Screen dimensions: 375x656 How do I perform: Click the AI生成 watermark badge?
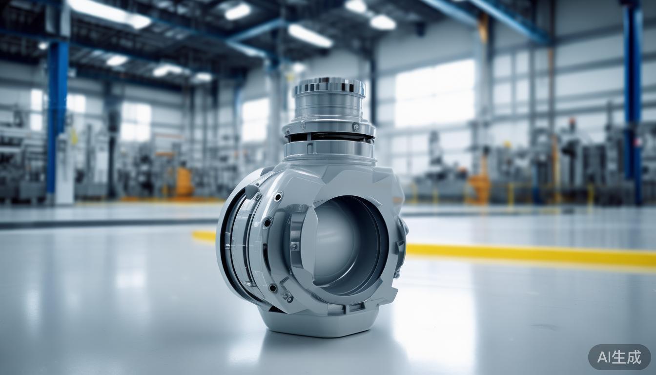point(619,357)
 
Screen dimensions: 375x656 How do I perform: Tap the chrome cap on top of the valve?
point(329,86)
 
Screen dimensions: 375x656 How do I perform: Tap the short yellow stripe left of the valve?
point(204,236)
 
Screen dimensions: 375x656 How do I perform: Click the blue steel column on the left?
point(58,117)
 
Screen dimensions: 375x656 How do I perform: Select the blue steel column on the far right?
point(633,98)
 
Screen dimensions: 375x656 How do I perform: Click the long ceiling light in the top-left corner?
point(109,13)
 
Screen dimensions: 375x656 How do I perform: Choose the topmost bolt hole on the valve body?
point(278,197)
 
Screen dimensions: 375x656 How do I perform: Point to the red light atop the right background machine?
point(572,121)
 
